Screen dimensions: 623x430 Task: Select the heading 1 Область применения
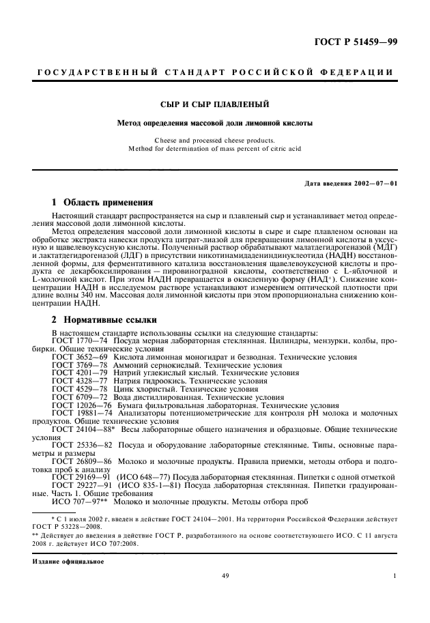tap(102, 202)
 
